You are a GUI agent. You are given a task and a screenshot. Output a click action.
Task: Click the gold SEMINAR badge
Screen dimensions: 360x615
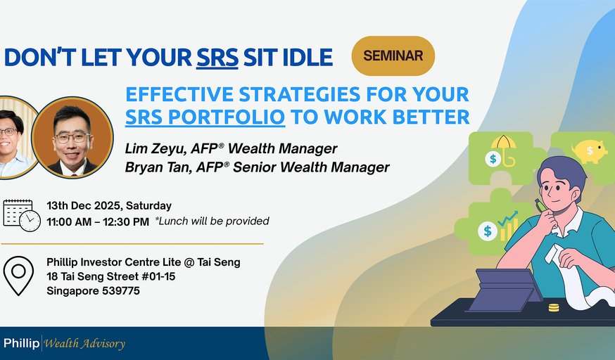(393, 56)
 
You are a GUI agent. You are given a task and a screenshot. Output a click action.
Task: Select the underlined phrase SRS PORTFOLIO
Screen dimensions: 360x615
(205, 116)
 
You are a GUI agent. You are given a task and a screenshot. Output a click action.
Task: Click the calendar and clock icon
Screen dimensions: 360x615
(20, 214)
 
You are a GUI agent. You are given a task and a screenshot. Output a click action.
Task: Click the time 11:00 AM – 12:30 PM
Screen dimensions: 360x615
(98, 221)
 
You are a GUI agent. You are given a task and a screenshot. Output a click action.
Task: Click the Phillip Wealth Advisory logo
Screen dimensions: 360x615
(63, 344)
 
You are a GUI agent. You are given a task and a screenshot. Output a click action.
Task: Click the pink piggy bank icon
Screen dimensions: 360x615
(590, 150)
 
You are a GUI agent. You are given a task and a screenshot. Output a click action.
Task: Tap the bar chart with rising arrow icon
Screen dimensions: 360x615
(508, 226)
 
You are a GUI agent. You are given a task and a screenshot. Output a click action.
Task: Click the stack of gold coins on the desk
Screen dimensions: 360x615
(554, 307)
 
